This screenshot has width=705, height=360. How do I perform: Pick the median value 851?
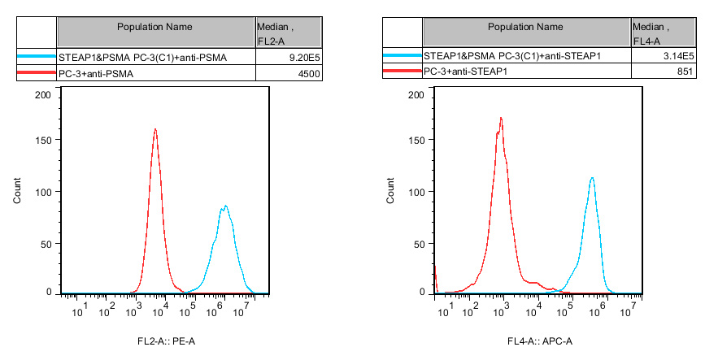684,72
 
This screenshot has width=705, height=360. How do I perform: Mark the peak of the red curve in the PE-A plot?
154,128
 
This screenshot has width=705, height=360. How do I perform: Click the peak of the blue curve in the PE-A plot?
225,206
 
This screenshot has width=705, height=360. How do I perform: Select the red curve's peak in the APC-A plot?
501,118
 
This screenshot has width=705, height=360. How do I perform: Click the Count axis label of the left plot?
18,192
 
